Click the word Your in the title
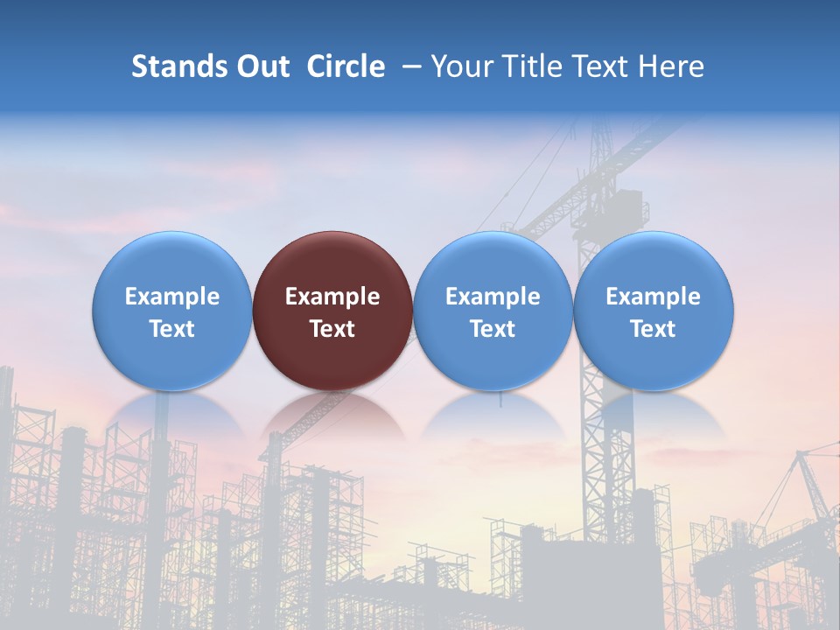pyautogui.click(x=460, y=66)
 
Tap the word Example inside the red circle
pyautogui.click(x=332, y=297)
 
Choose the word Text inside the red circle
pyautogui.click(x=332, y=329)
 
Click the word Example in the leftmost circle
pyautogui.click(x=172, y=297)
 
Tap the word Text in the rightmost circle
pyautogui.click(x=654, y=329)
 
